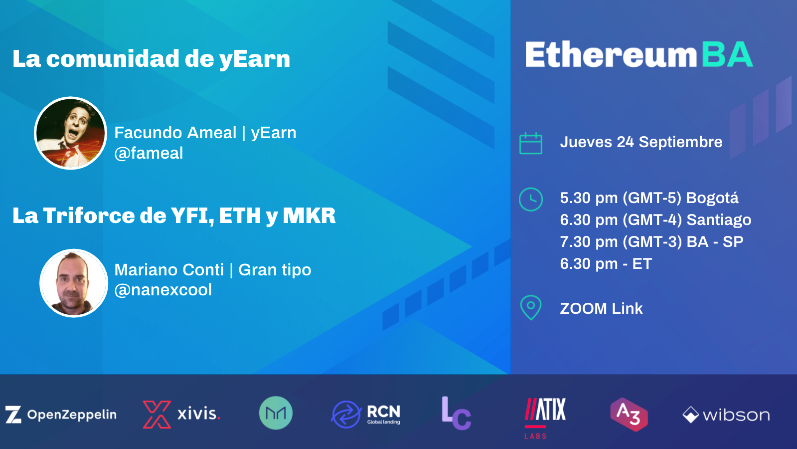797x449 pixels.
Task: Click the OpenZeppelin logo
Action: coord(61,415)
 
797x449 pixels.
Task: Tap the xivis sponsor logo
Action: coord(181,414)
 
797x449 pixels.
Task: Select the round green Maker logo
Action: coord(276,413)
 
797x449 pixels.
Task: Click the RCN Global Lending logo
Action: coord(366,415)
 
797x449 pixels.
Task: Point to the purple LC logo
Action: coord(456,414)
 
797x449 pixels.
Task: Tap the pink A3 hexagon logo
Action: coord(629,414)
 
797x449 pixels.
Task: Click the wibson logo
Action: coord(726,415)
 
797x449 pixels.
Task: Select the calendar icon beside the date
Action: coord(531,144)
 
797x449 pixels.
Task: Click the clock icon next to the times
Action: coord(531,200)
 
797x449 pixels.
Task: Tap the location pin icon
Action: coord(531,307)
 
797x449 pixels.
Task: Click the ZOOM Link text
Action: coord(601,308)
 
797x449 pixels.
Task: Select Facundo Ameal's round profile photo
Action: coord(71,133)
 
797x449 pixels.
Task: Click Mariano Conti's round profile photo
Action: coord(74,283)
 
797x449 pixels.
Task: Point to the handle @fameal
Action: coord(149,153)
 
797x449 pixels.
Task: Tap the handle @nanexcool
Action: coord(163,290)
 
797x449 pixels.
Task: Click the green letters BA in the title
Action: coord(727,55)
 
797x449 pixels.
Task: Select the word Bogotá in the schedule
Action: coord(712,198)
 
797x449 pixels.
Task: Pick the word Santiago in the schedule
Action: coord(719,220)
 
